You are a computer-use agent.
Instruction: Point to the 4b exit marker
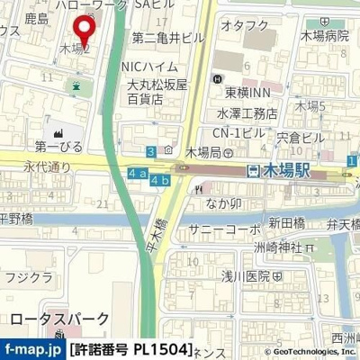click(160, 181)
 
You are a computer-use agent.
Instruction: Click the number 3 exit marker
click(152, 152)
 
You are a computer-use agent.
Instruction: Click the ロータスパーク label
click(59, 319)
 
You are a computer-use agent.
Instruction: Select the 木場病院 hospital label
click(325, 36)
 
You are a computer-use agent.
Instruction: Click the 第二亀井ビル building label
click(167, 38)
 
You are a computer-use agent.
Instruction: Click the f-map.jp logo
click(31, 348)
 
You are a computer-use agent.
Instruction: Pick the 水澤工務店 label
click(246, 114)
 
